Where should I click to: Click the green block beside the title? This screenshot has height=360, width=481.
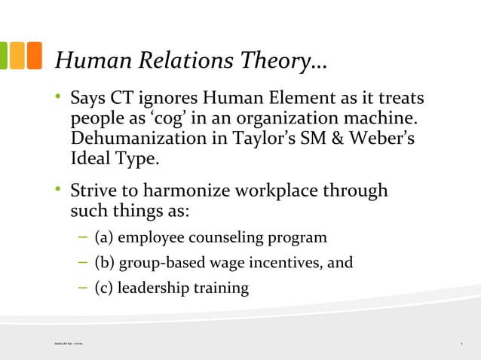(x=3, y=56)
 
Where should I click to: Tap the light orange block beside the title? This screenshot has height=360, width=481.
(x=17, y=56)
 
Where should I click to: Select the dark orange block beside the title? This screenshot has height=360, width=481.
(x=34, y=56)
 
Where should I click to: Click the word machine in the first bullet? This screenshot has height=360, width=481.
(x=382, y=119)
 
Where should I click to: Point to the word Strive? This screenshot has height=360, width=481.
(x=94, y=191)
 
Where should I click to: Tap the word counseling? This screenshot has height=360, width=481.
(x=224, y=238)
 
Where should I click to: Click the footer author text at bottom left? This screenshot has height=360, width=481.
(x=63, y=343)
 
